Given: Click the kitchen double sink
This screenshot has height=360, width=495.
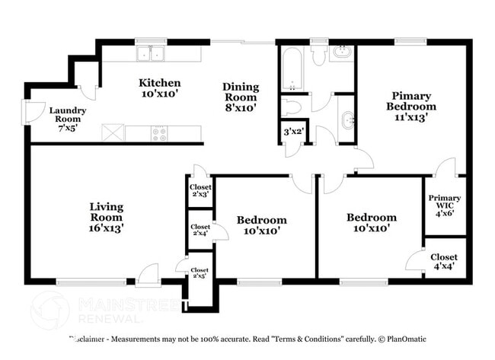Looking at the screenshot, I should tap(150, 53).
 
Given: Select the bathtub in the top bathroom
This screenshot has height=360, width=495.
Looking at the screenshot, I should tap(292, 68).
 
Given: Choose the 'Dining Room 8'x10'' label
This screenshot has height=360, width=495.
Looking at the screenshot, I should tap(241, 97).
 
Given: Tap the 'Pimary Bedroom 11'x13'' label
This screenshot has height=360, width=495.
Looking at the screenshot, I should tap(411, 107).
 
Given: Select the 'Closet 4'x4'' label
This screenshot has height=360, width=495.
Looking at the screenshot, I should tap(444, 263).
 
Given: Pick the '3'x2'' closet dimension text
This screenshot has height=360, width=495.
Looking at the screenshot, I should tap(292, 132).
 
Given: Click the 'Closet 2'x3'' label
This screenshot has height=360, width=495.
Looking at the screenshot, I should tap(200, 190).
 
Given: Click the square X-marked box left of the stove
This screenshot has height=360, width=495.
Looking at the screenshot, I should tap(113, 133).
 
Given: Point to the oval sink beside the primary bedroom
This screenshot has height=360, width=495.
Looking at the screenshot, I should tap(346, 119).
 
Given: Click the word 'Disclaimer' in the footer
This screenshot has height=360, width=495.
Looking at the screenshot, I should tap(91, 339).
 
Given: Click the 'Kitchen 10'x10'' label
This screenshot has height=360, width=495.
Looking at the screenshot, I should tap(159, 88).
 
